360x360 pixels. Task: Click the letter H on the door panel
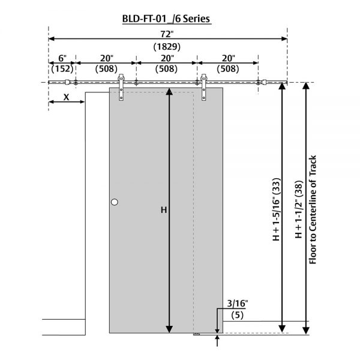pos(163,210)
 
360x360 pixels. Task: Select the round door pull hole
pos(115,203)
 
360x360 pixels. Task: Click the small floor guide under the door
pos(196,334)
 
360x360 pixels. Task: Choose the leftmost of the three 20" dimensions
pos(106,58)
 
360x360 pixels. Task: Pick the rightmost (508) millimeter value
pos(227,68)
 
